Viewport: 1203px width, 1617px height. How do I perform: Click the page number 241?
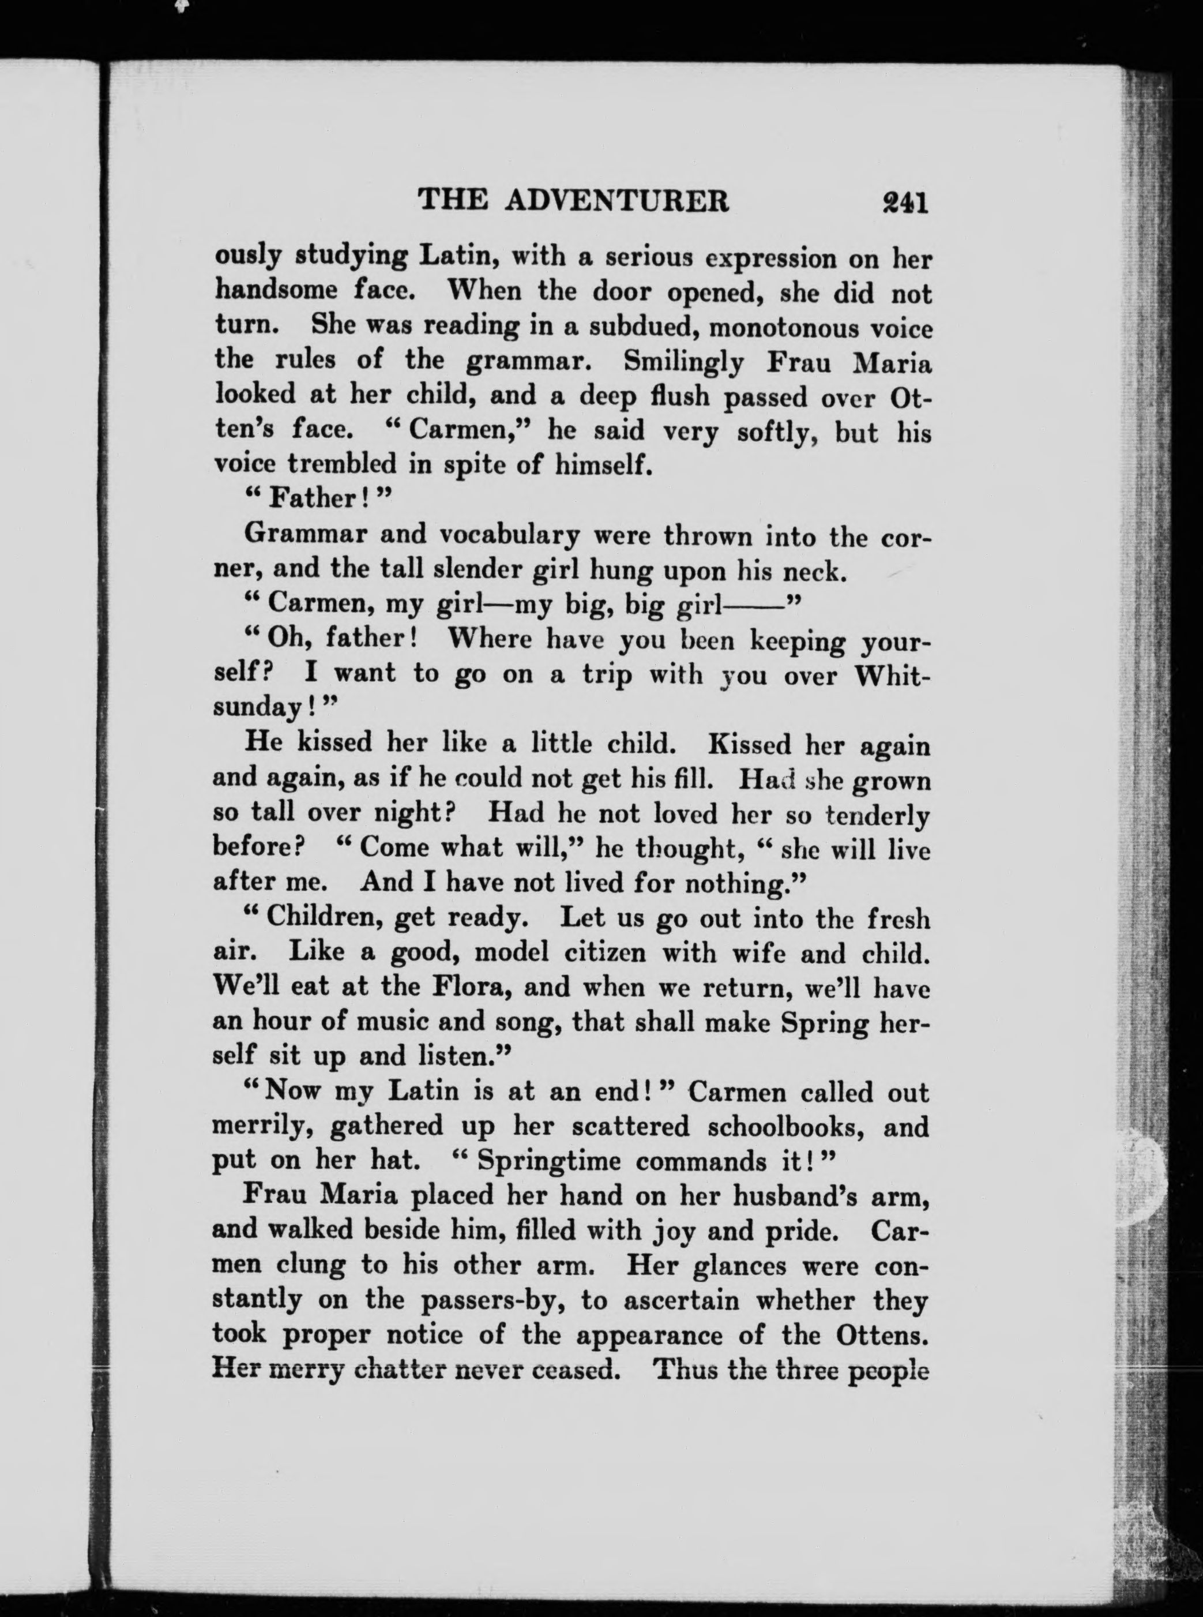(903, 202)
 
